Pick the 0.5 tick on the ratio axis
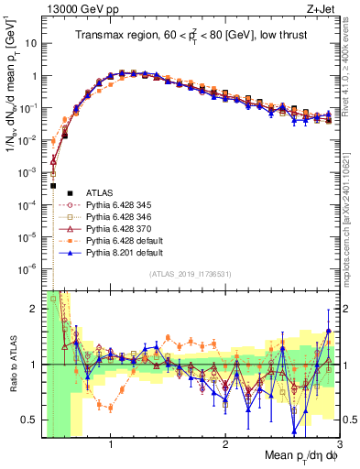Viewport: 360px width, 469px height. (x=29, y=420)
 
